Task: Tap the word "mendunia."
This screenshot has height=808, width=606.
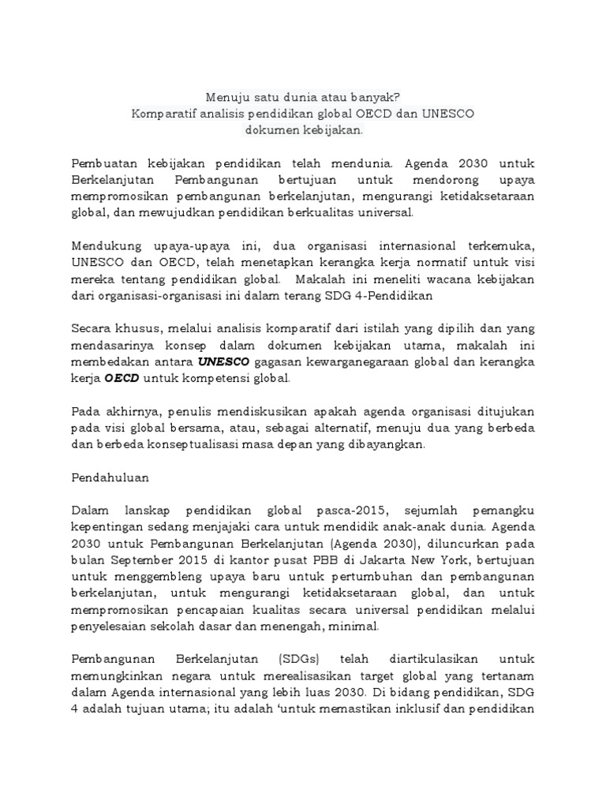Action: coord(365,163)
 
